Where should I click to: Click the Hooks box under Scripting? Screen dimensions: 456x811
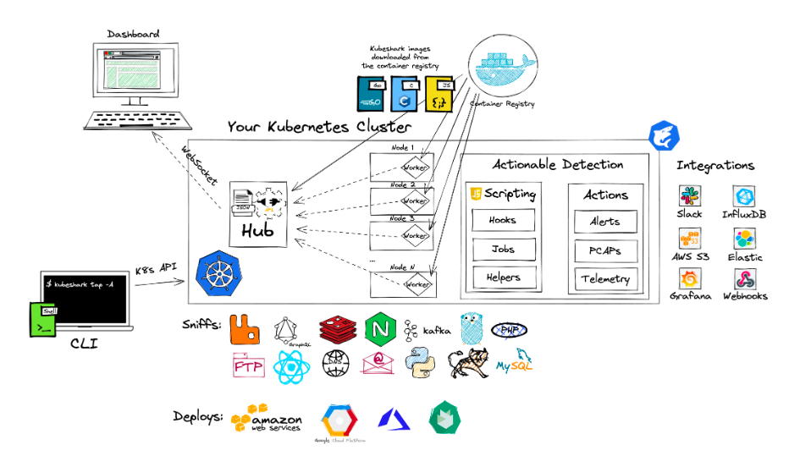pyautogui.click(x=502, y=221)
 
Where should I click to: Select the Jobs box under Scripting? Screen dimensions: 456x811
pyautogui.click(x=502, y=250)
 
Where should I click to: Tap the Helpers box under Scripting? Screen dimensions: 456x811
pyautogui.click(x=502, y=277)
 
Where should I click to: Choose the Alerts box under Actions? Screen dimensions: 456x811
pyautogui.click(x=604, y=222)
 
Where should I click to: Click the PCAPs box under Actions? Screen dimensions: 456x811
pyautogui.click(x=604, y=250)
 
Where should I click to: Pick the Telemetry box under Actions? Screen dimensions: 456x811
pyautogui.click(x=604, y=279)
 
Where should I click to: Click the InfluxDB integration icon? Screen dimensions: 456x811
pyautogui.click(x=743, y=196)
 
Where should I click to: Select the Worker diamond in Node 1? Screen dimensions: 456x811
pyautogui.click(x=415, y=168)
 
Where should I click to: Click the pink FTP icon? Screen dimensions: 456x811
pyautogui.click(x=248, y=365)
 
